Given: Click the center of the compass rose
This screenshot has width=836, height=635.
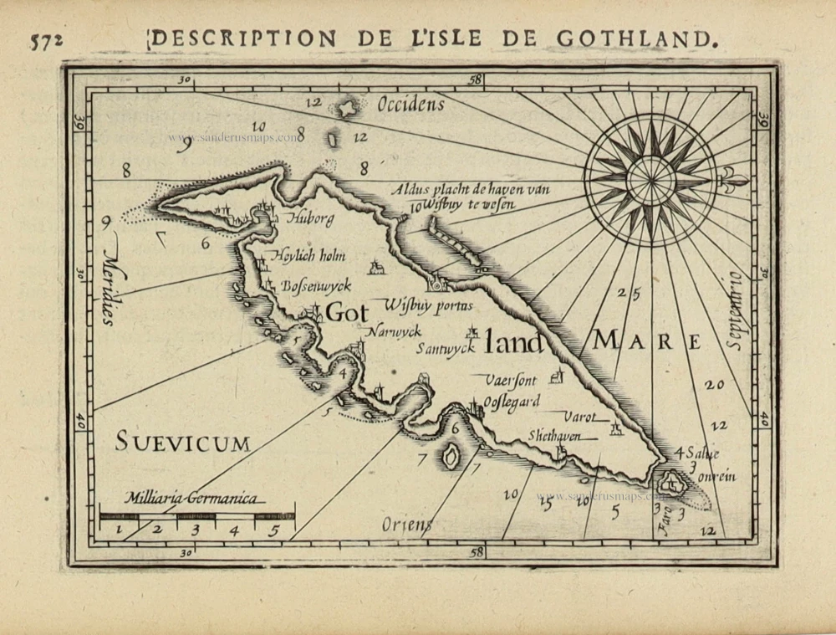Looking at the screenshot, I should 650,178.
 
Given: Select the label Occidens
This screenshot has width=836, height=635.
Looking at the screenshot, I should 410,105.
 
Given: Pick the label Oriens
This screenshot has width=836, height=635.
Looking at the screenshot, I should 407,525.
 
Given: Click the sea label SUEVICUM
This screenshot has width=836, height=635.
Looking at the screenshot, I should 182,442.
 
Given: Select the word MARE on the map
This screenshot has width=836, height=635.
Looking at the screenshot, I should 648,341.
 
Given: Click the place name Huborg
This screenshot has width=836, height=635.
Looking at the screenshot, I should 310,220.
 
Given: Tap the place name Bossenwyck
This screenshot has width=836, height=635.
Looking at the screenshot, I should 313,284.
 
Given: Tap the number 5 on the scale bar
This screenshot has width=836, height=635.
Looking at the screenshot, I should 273,529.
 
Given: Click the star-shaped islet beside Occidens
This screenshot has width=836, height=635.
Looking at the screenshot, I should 345,108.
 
